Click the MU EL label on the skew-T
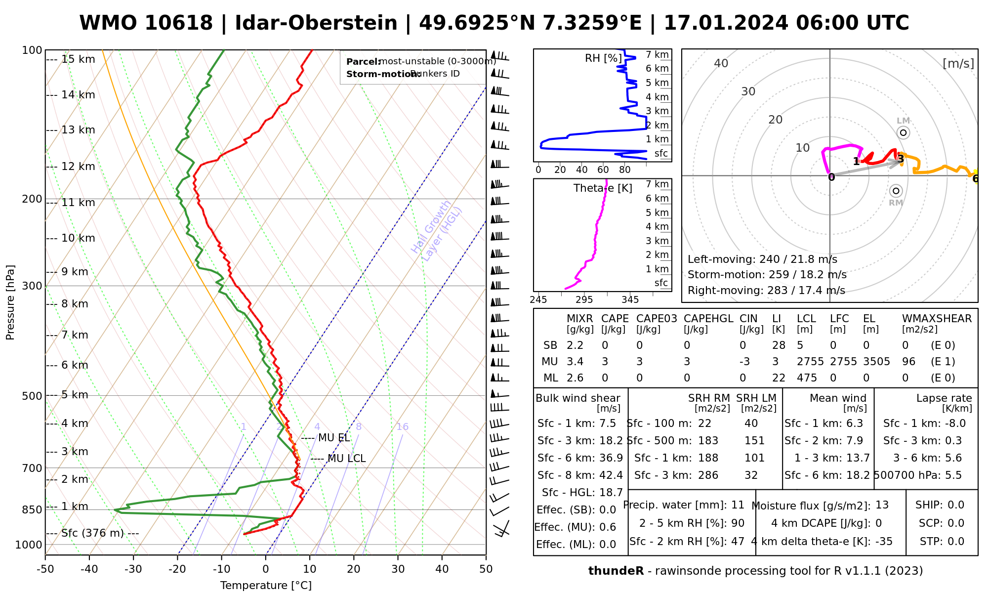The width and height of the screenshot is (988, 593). point(334,438)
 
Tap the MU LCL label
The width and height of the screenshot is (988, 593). point(346,459)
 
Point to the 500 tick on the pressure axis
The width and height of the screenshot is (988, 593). point(33,396)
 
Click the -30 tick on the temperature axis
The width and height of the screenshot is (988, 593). point(133,569)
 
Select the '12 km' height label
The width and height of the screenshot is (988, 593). point(78,167)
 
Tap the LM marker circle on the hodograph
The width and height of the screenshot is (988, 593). point(903,132)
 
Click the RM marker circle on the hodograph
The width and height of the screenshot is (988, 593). point(896,191)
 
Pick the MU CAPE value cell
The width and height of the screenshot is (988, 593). point(605,362)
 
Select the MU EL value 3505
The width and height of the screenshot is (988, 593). point(876,362)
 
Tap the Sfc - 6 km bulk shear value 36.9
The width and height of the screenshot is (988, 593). point(611,458)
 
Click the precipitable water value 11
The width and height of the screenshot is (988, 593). point(738,505)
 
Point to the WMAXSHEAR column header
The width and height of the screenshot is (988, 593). point(937,319)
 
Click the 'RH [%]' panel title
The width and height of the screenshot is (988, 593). point(603,58)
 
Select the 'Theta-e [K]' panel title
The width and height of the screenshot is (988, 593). point(603,188)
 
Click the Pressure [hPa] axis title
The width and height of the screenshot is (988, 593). point(10,302)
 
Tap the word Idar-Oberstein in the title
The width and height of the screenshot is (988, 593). point(316,23)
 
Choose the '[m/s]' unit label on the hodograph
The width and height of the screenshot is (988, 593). point(958,64)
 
